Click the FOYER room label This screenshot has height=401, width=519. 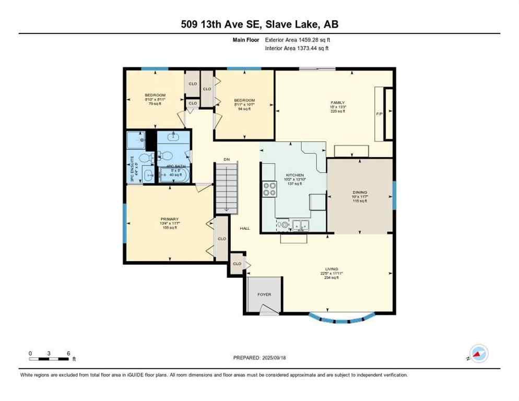point(264,294)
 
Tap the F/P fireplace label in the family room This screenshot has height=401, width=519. point(380,113)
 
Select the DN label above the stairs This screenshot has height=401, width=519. point(227,159)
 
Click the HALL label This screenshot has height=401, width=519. point(244,229)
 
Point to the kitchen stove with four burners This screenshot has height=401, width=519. point(269,188)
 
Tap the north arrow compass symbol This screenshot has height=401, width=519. point(479,354)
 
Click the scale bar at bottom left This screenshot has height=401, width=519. point(49,359)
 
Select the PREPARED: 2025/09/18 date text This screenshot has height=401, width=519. point(259,358)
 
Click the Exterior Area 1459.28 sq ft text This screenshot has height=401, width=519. point(297,39)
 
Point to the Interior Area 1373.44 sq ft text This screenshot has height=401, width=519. point(297,48)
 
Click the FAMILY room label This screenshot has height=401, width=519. point(338,107)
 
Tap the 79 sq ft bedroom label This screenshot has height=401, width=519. point(155,99)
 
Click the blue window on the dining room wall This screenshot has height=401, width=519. point(394,192)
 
